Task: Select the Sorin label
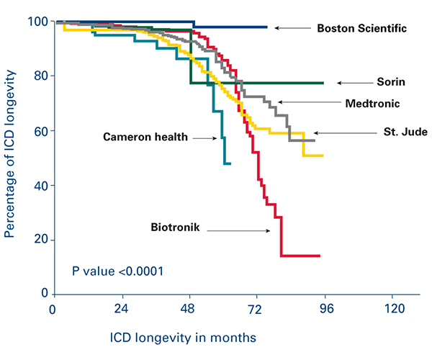pyautogui.click(x=390, y=83)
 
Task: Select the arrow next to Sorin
pyautogui.click(x=352, y=83)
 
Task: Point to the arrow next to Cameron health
pyautogui.click(x=204, y=138)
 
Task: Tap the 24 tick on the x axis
pyautogui.click(x=121, y=308)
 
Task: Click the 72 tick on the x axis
pyautogui.click(x=256, y=308)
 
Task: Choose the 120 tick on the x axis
pyautogui.click(x=392, y=308)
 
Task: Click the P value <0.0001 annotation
pyautogui.click(x=117, y=271)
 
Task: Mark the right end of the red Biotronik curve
pyautogui.click(x=319, y=256)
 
